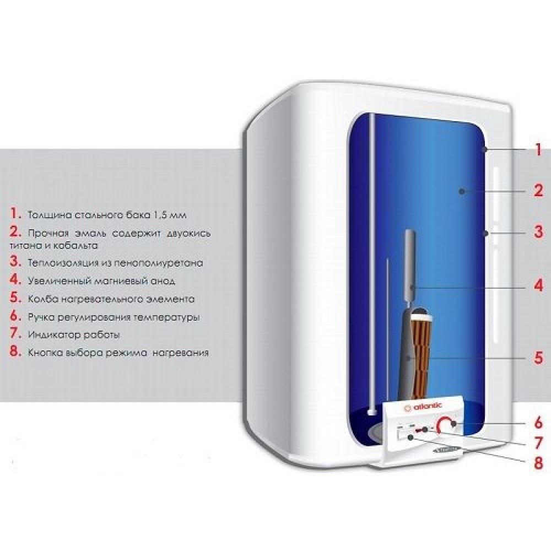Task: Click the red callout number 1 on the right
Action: point(538,150)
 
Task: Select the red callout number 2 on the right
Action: point(538,191)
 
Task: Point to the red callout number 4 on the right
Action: point(539,285)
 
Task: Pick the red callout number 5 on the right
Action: point(539,358)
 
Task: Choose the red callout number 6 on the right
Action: point(539,423)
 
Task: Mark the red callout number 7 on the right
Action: point(539,444)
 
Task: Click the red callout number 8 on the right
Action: point(539,463)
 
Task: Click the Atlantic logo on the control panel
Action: point(423,407)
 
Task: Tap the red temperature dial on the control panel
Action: point(445,425)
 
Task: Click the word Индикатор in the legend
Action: point(50,335)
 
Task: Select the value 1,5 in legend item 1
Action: point(159,215)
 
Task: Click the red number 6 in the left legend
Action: point(16,316)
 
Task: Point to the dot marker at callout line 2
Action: point(462,191)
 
